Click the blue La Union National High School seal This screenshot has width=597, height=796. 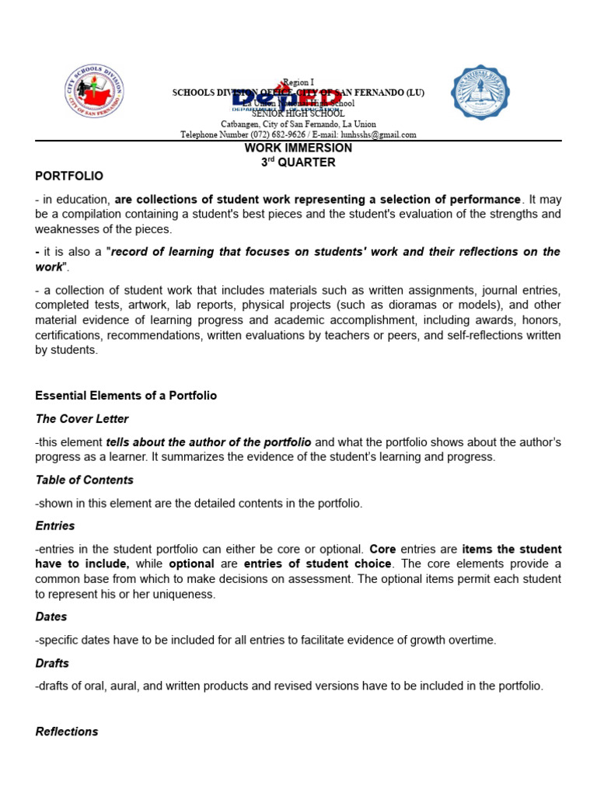coord(480,93)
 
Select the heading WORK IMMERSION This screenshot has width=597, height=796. coord(298,148)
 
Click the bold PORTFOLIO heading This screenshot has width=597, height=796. coord(69,176)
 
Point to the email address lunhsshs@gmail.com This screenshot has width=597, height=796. coord(368,134)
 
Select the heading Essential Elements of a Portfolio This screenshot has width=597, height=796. coord(126,396)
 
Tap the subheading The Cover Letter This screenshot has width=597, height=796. coord(82,419)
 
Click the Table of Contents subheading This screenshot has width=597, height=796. coord(84,480)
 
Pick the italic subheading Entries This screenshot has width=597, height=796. coord(55,526)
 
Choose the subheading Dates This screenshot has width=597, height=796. coord(51,616)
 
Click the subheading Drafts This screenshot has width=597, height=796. coord(52,663)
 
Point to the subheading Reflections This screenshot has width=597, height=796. coord(67,731)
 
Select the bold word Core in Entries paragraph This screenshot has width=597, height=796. coord(382,550)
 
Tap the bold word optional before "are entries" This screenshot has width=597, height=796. coord(191,564)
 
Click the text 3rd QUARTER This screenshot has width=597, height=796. coord(298,162)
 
